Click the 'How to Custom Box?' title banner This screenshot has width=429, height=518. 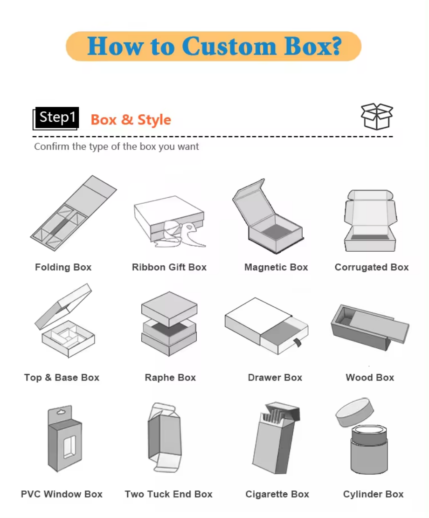[214, 46]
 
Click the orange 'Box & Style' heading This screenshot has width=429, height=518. [131, 120]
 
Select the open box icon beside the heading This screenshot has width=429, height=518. [377, 117]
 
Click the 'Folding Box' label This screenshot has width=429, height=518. [63, 267]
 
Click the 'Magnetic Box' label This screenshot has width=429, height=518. [276, 267]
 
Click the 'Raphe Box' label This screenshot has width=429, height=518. [170, 378]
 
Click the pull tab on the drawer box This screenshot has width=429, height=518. [295, 344]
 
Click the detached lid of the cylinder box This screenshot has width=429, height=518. [355, 411]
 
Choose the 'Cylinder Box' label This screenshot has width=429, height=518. [373, 494]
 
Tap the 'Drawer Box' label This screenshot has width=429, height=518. [275, 378]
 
